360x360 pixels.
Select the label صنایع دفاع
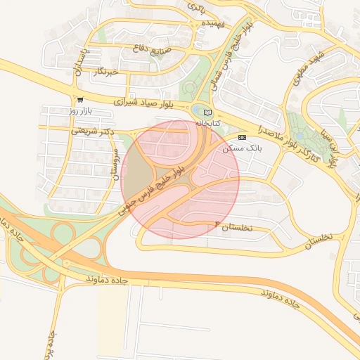click(x=151, y=49)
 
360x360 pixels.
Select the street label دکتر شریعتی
click(x=92, y=131)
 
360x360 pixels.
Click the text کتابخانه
click(x=207, y=123)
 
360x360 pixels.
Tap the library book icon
click(x=207, y=112)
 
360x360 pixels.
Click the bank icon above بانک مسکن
click(x=242, y=137)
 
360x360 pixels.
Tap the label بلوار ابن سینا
click(x=333, y=148)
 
